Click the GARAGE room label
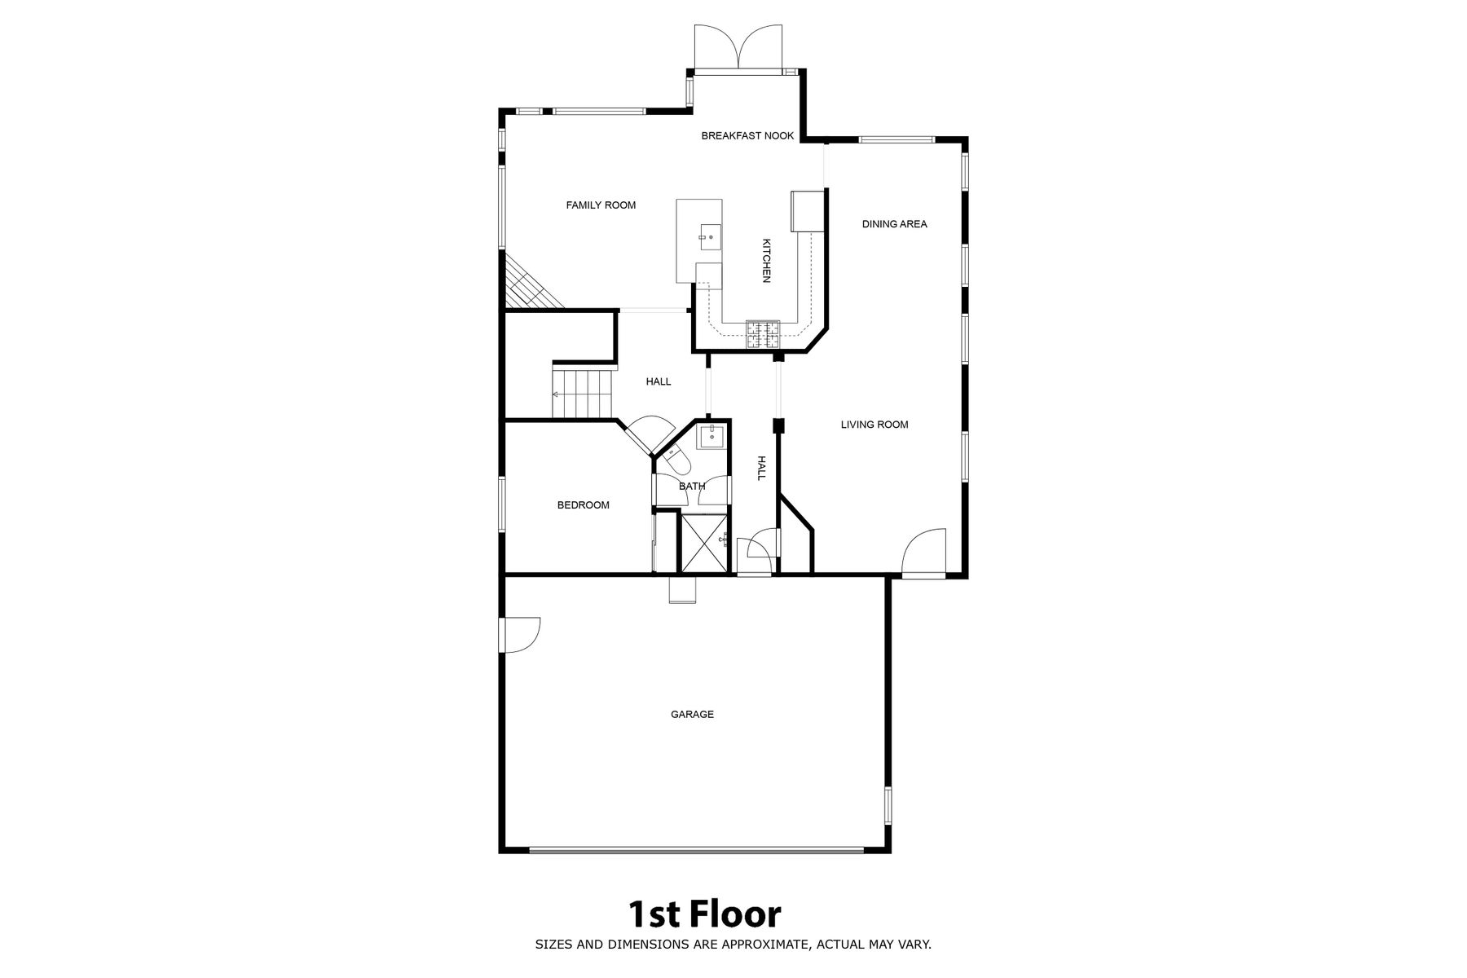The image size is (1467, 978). click(x=692, y=715)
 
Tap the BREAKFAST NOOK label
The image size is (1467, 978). click(x=747, y=136)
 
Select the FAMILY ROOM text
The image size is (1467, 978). click(x=601, y=205)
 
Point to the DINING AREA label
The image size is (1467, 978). click(x=894, y=224)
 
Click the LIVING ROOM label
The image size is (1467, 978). click(x=874, y=425)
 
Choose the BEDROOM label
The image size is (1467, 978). click(x=583, y=505)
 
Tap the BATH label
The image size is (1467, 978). click(x=692, y=487)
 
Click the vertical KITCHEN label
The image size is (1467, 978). click(x=766, y=261)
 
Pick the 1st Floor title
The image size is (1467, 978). click(x=703, y=914)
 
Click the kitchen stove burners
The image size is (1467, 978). click(x=762, y=335)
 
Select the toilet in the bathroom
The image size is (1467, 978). click(x=676, y=460)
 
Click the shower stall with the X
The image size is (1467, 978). click(x=703, y=544)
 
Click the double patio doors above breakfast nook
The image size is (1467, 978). click(x=738, y=47)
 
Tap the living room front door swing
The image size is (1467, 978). click(x=923, y=552)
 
